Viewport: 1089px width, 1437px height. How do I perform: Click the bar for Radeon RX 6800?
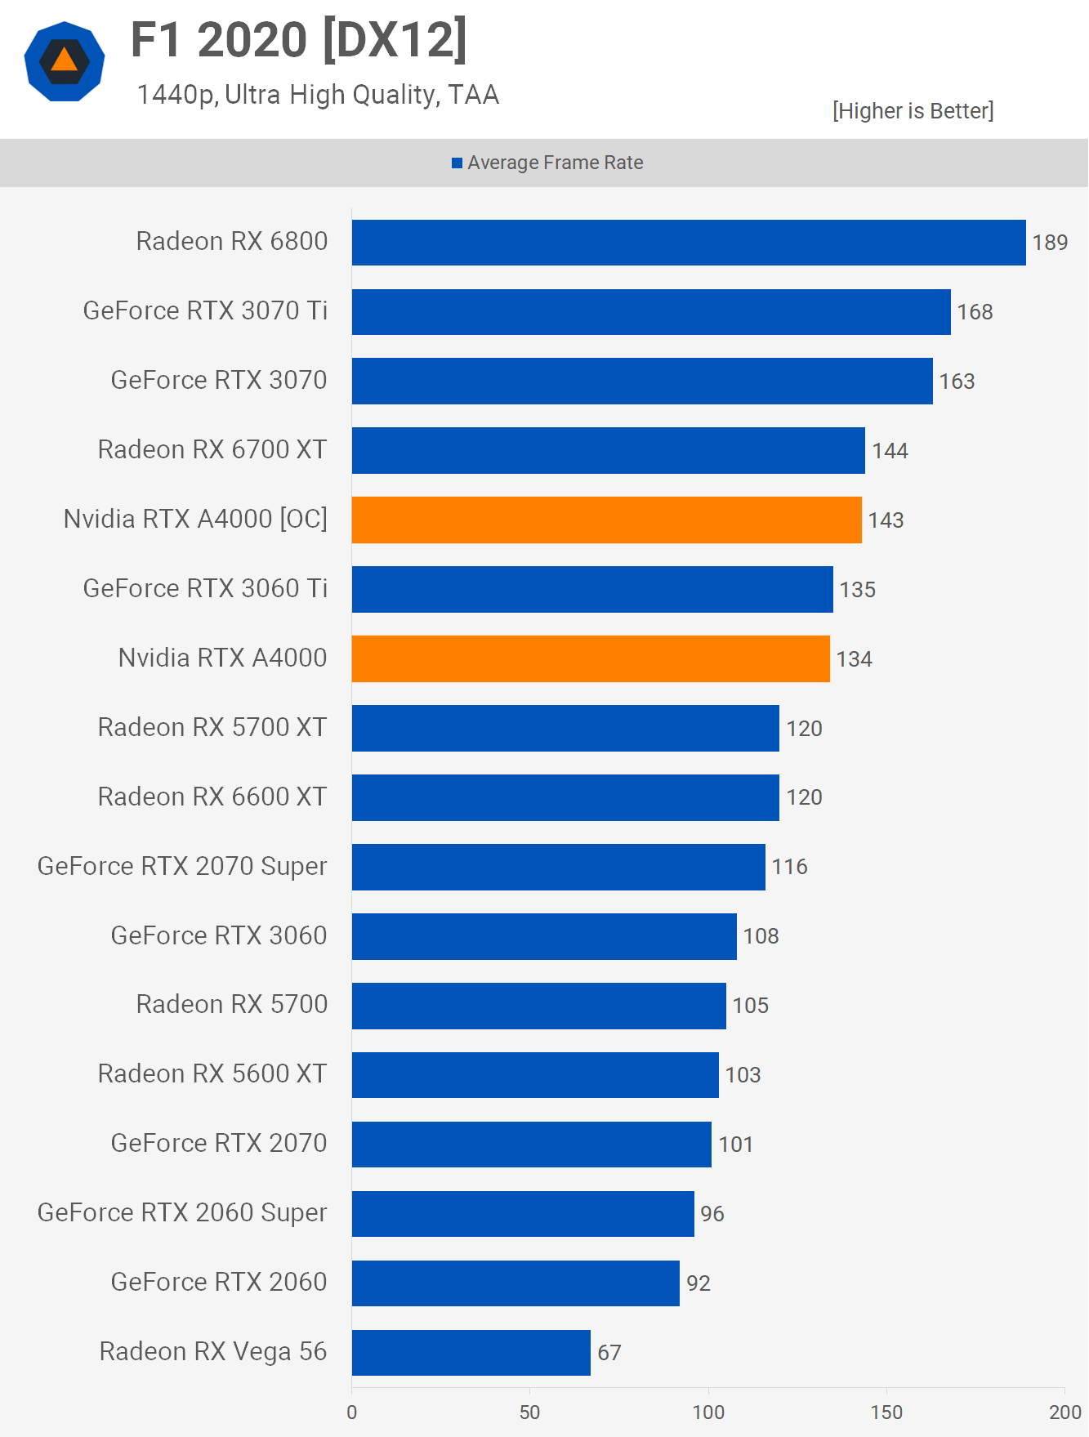pos(689,243)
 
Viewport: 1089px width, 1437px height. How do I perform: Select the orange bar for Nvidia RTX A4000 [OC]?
pos(606,520)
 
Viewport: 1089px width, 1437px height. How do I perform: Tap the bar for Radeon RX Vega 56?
pos(471,1353)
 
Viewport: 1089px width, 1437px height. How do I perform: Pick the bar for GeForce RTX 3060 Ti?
pos(592,589)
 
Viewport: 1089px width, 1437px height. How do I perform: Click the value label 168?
pos(975,312)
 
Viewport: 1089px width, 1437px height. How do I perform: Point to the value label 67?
pos(609,1353)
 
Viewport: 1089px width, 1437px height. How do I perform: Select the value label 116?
pos(789,867)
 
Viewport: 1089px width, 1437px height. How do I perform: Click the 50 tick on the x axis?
pos(529,1412)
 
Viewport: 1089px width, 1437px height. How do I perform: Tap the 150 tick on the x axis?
pos(886,1412)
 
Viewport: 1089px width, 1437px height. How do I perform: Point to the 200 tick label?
pos(1064,1412)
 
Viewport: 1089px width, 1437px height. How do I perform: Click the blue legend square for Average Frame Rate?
pos(457,163)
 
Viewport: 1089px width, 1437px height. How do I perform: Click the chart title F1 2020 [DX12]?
pos(299,40)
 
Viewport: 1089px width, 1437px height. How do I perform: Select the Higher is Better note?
pos(913,111)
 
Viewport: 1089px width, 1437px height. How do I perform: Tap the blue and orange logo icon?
pos(65,62)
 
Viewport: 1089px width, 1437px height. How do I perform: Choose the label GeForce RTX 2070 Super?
pos(182,867)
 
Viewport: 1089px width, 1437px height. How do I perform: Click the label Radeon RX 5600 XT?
pos(212,1074)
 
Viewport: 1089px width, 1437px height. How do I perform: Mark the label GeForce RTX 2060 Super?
pos(182,1213)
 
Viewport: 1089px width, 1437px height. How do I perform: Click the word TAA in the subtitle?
pos(473,96)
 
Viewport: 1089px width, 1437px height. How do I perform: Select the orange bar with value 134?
pos(591,658)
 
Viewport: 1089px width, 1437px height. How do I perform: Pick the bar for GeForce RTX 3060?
pos(544,936)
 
